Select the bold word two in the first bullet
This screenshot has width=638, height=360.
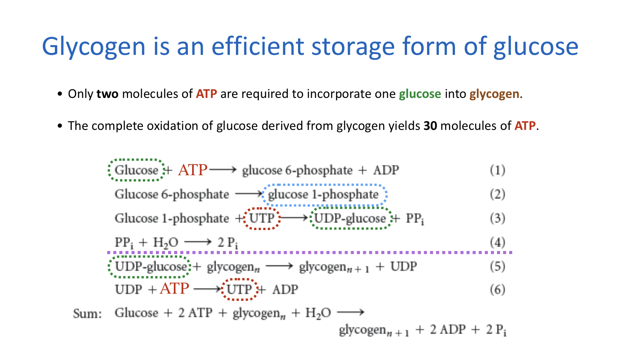pyautogui.click(x=107, y=94)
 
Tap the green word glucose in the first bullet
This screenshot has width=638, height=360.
pyautogui.click(x=420, y=94)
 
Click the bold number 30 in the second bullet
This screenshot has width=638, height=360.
pyautogui.click(x=430, y=126)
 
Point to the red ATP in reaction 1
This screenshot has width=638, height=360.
pyautogui.click(x=192, y=170)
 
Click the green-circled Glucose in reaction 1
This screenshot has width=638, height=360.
pyautogui.click(x=136, y=170)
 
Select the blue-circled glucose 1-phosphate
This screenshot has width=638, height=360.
pyautogui.click(x=323, y=195)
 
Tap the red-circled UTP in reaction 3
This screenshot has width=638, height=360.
pyautogui.click(x=262, y=218)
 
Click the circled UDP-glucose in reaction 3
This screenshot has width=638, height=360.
pyautogui.click(x=350, y=218)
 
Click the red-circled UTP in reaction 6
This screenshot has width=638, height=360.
pyautogui.click(x=239, y=290)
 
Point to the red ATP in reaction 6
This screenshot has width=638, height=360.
pyautogui.click(x=174, y=289)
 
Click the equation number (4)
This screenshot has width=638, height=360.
pyautogui.click(x=497, y=242)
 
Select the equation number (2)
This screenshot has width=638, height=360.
pyautogui.click(x=497, y=194)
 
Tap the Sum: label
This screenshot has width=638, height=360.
pyautogui.click(x=87, y=314)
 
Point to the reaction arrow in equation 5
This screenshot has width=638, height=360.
pyautogui.click(x=279, y=266)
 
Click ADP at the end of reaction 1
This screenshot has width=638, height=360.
pyautogui.click(x=386, y=170)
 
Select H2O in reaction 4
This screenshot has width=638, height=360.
pyautogui.click(x=165, y=243)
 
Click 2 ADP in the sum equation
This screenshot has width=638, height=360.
pyautogui.click(x=448, y=330)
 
